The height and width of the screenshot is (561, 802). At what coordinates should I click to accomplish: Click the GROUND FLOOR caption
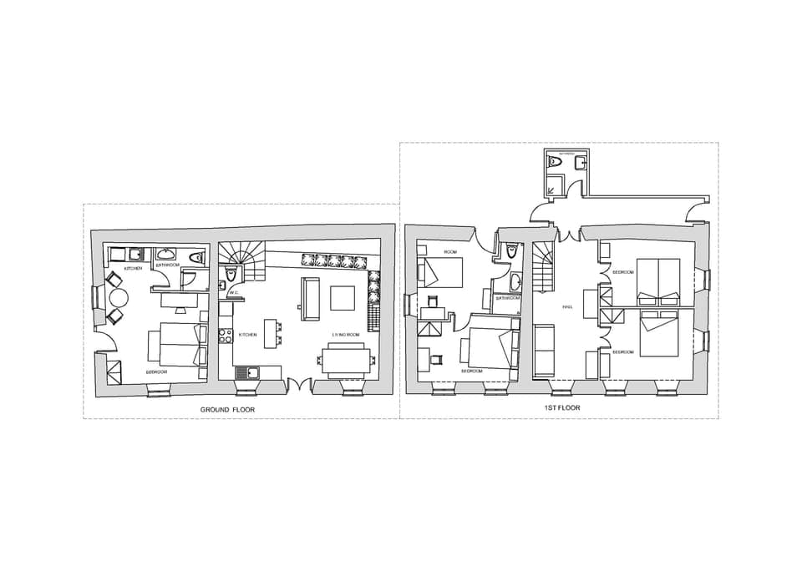pos(227,410)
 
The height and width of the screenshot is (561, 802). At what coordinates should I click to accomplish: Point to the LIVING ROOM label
pos(345,335)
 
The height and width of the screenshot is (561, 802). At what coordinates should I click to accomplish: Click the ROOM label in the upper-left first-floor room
pos(450,251)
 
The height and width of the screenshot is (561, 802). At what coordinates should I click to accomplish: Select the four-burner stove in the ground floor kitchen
pos(225,336)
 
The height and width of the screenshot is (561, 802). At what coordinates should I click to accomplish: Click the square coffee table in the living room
pos(343,298)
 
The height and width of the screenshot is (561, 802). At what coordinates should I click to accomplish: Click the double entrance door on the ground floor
pos(300,386)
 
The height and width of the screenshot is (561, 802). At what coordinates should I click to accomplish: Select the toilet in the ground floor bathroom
pos(196,258)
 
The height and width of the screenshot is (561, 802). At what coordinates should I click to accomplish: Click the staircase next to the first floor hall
pos(544,267)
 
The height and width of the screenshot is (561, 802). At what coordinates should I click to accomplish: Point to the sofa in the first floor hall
pos(543,350)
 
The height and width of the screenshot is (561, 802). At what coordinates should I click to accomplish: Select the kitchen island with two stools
pos(270,332)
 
